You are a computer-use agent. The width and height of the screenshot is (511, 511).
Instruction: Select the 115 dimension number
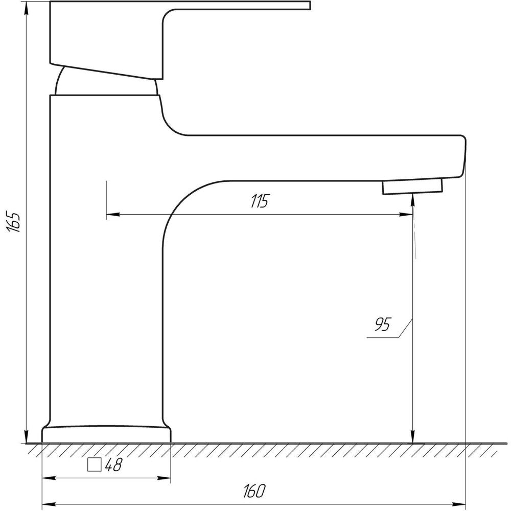point(260,201)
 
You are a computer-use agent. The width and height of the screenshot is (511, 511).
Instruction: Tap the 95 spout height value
point(383,324)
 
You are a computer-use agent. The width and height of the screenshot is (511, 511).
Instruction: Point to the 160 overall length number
point(254,491)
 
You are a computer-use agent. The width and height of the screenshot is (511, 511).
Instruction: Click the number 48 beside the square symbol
point(113,464)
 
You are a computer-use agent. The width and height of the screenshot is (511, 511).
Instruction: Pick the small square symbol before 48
point(95,464)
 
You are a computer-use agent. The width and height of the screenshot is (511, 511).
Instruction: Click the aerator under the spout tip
point(412,186)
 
